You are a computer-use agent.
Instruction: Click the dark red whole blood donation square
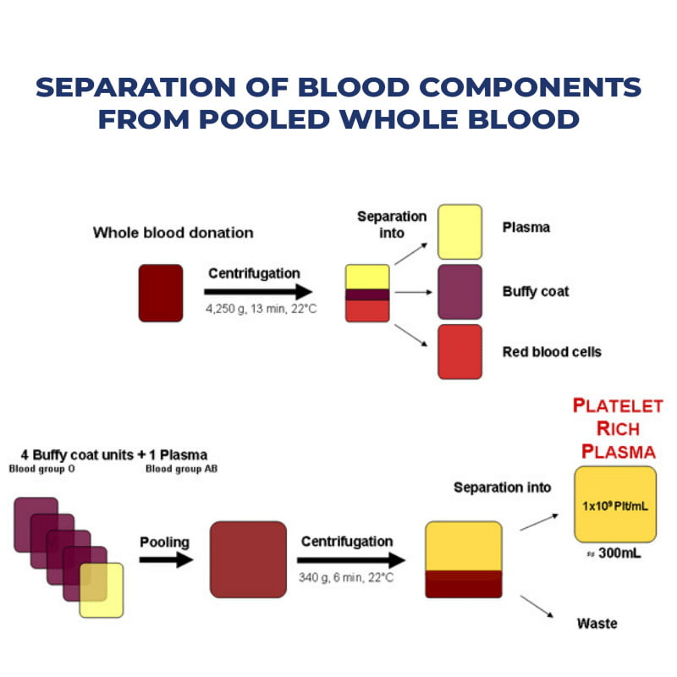pyautogui.click(x=161, y=293)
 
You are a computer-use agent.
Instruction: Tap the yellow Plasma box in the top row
pyautogui.click(x=460, y=231)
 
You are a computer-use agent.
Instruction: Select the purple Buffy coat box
pyautogui.click(x=460, y=291)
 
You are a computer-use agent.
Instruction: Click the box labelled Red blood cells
pyautogui.click(x=460, y=351)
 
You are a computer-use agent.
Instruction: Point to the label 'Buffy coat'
pyautogui.click(x=536, y=291)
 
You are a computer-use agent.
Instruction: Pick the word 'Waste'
pyautogui.click(x=597, y=624)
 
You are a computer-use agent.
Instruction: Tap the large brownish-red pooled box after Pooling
pyautogui.click(x=248, y=559)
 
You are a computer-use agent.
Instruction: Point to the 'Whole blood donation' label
pyautogui.click(x=173, y=232)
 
